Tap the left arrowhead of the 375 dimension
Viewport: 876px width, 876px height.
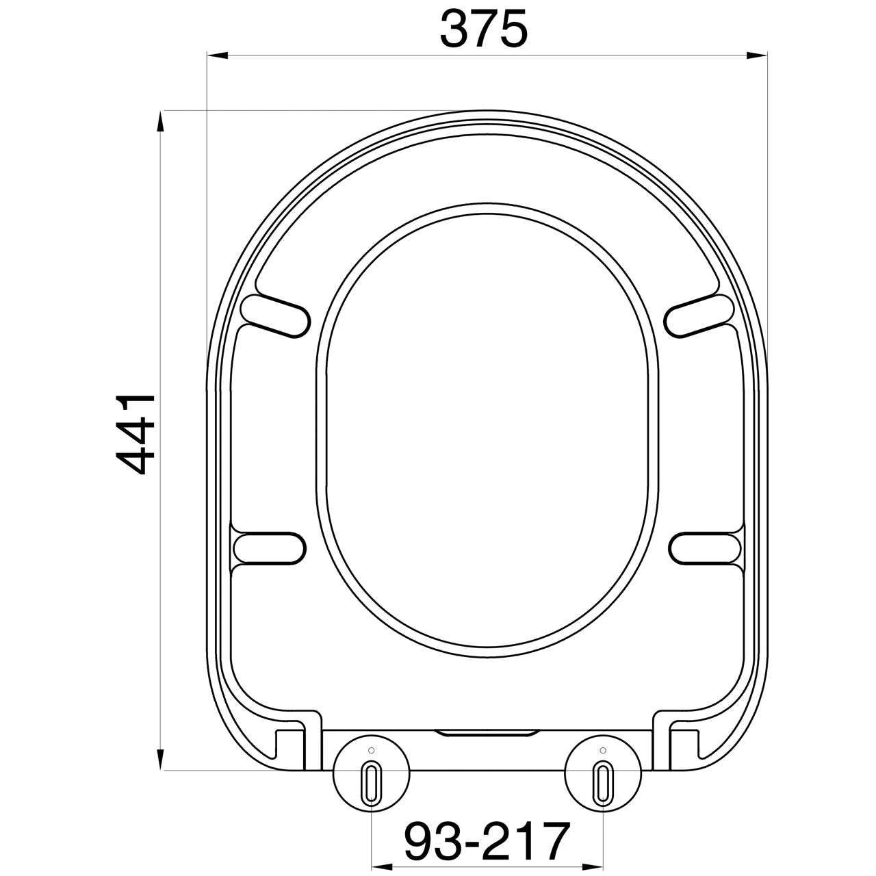point(217,55)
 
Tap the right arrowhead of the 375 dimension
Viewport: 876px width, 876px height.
point(758,55)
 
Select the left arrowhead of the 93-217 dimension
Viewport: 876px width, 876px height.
point(383,866)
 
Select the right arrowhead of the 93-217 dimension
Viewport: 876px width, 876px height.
point(593,866)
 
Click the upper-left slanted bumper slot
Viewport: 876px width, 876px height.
point(276,316)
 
